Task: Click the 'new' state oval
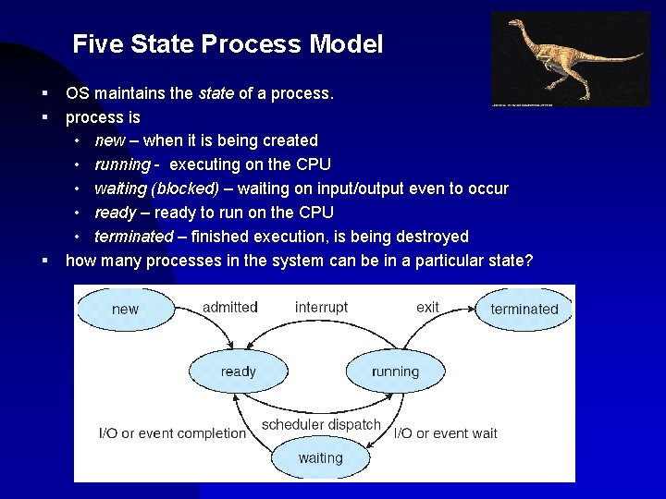[126, 309]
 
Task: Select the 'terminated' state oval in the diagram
[524, 309]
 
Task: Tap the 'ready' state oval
[239, 371]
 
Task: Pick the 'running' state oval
[395, 371]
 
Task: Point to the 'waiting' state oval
[320, 457]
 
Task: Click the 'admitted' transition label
[229, 307]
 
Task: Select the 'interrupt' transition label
[321, 307]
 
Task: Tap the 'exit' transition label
[427, 307]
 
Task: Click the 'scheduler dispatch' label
[321, 425]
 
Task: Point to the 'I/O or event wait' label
[446, 432]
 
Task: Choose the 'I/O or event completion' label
[173, 432]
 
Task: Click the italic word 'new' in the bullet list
[109, 140]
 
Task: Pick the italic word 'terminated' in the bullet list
[133, 237]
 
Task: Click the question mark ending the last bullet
[528, 261]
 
